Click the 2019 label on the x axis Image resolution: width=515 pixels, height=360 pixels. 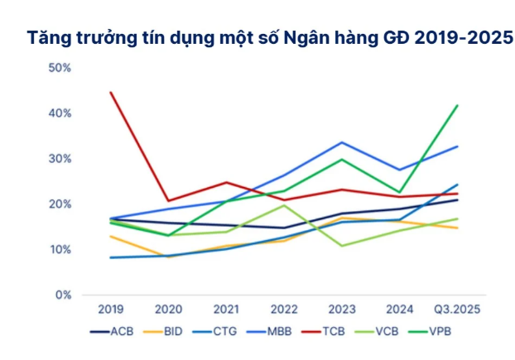(x=111, y=309)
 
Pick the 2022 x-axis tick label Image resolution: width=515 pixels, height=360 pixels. (x=284, y=309)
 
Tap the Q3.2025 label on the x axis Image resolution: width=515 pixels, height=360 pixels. (x=458, y=309)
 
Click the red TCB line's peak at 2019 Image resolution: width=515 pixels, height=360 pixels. (x=111, y=92)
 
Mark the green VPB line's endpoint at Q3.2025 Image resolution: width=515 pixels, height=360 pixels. (x=458, y=105)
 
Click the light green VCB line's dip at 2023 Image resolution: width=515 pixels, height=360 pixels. (x=342, y=246)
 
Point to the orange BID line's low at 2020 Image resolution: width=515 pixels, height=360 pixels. (x=169, y=257)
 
